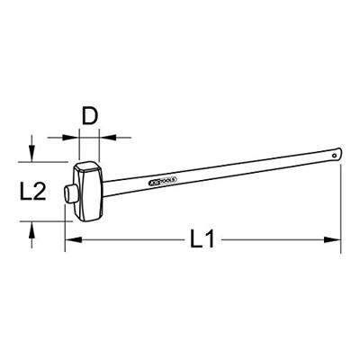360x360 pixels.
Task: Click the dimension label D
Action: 89,117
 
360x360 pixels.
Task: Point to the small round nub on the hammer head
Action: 68,192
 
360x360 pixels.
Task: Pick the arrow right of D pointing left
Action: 109,137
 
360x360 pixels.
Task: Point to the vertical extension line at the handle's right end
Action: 342,202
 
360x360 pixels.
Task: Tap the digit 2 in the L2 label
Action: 40,190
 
